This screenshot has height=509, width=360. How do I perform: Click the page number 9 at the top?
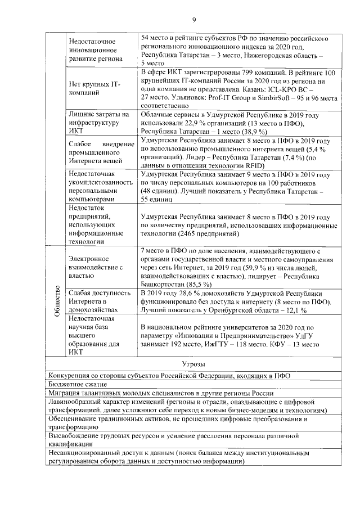[193, 20]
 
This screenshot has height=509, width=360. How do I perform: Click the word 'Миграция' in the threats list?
[65, 394]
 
